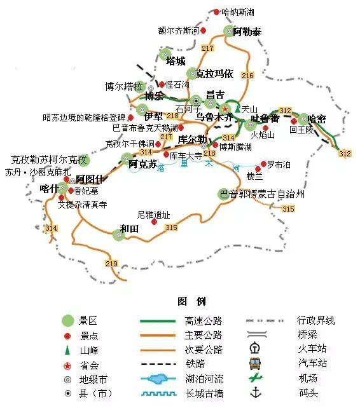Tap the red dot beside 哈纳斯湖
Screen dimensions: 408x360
pos(216,12)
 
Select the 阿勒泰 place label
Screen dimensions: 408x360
pos(247,32)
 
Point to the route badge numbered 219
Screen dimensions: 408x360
pos(112,264)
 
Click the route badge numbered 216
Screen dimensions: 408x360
pos(247,76)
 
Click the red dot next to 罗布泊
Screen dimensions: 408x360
pos(263,164)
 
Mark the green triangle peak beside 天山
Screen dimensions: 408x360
pos(237,109)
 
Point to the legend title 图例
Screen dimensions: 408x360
pos(191,301)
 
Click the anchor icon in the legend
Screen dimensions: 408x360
pos(256,392)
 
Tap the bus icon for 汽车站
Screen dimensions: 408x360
pos(255,363)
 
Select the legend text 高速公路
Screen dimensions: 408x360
pos(202,320)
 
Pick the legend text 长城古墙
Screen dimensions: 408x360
pos(202,393)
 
